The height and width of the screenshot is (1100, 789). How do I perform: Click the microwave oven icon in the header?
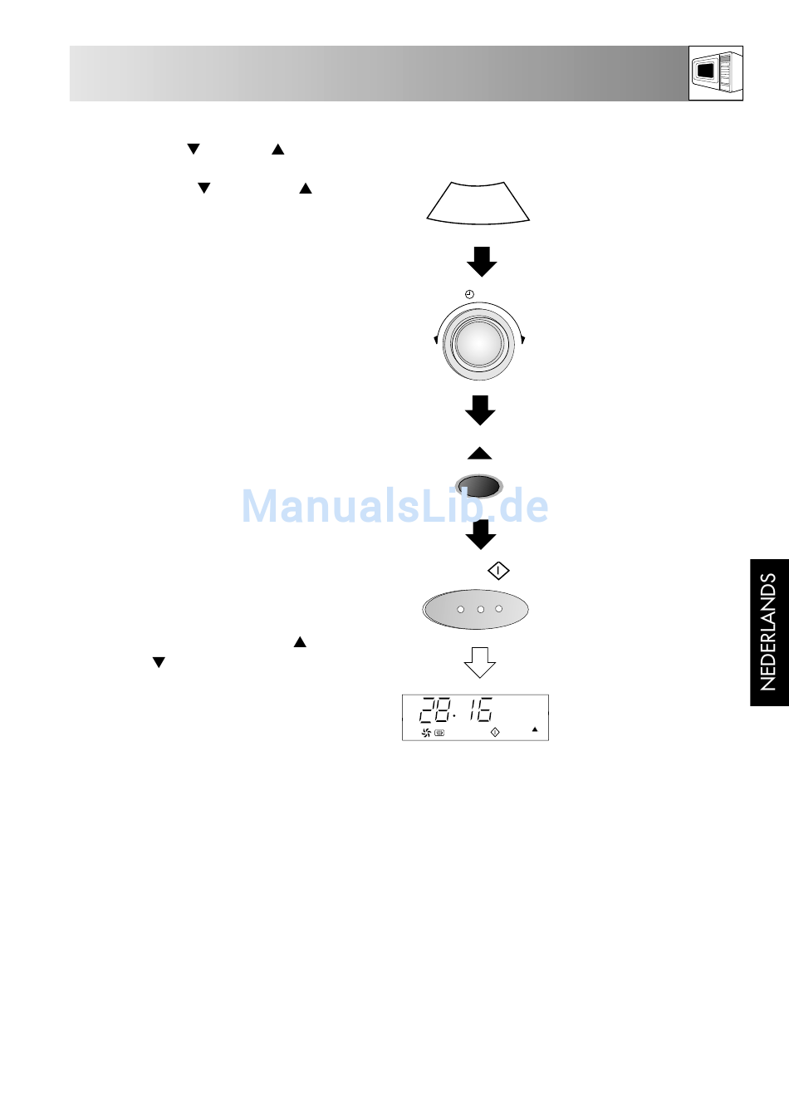point(715,73)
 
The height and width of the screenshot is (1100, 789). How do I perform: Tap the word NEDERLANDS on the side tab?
point(768,632)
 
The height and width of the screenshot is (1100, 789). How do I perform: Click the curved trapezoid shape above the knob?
point(478,203)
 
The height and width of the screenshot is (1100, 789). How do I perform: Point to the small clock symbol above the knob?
point(469,295)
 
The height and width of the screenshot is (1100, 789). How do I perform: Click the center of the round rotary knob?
point(478,342)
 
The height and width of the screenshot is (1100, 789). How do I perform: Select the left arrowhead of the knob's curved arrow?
point(436,339)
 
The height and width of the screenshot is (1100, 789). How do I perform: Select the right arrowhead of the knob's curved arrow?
point(522,339)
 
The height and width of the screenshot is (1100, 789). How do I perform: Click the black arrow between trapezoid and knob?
point(482,262)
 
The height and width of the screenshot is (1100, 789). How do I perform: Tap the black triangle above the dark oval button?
point(480,454)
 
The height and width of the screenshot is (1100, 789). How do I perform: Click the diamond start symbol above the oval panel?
point(498,571)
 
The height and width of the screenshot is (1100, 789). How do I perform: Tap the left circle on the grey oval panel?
point(461,609)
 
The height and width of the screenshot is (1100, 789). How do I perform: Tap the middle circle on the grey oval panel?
point(480,609)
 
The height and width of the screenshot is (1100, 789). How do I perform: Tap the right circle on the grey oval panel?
point(499,609)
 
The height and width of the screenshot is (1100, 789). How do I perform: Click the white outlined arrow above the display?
point(480,662)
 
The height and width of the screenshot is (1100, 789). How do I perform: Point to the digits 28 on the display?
point(434,710)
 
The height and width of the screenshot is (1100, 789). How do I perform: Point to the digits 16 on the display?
point(481,710)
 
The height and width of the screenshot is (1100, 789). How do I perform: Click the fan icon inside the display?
point(426,733)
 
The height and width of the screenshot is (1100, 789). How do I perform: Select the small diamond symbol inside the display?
point(495,732)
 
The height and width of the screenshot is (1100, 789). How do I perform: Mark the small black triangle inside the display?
point(535,730)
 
